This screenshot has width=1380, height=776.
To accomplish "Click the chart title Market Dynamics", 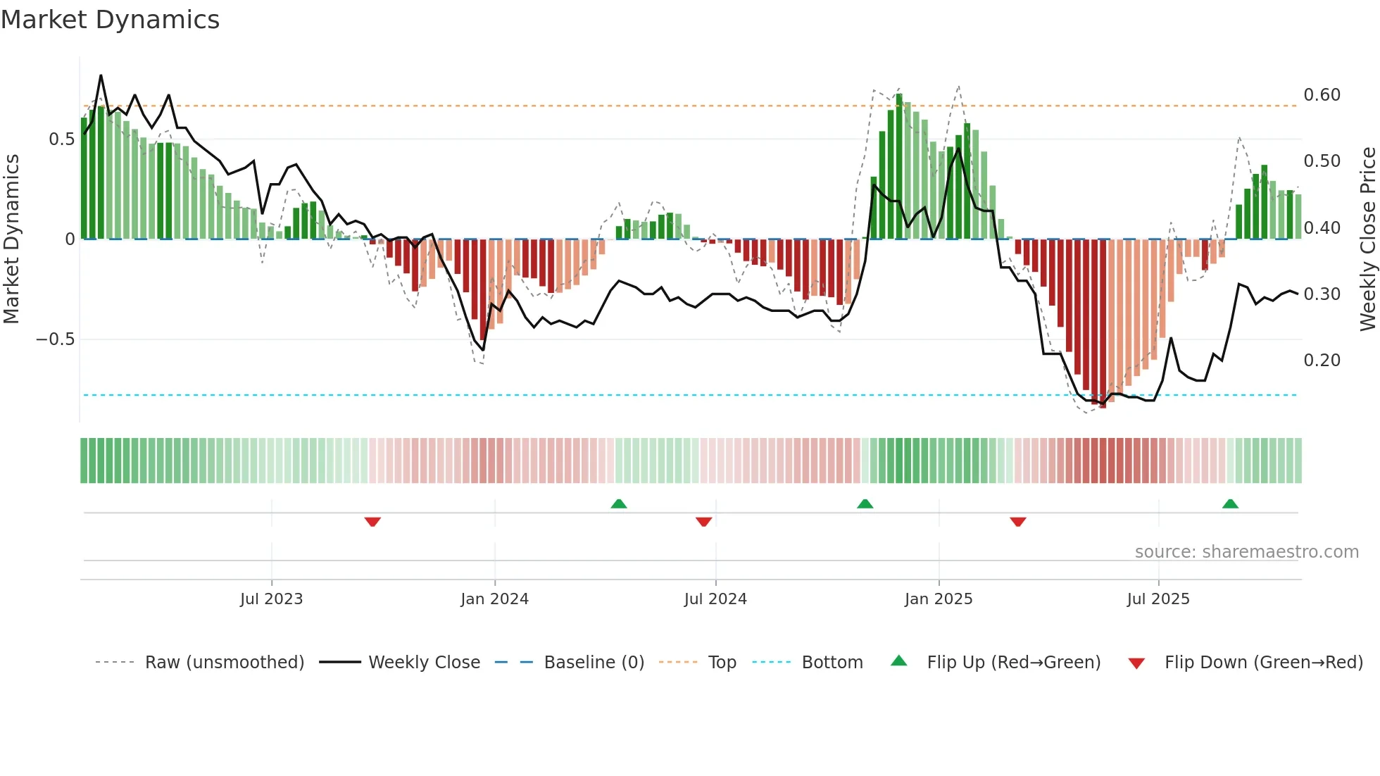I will click(x=111, y=20).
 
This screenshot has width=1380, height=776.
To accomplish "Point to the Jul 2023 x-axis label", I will click(x=271, y=599).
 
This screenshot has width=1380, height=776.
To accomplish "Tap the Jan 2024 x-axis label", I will click(x=494, y=599).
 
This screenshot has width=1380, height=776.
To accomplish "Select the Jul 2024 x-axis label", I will click(x=715, y=599).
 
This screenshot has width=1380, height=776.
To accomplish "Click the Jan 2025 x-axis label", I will click(x=939, y=599).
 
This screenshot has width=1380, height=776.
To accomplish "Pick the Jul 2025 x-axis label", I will click(x=1158, y=599).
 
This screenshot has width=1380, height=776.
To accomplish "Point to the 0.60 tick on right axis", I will click(x=1322, y=95).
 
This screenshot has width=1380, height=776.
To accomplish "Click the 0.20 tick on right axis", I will click(x=1322, y=361).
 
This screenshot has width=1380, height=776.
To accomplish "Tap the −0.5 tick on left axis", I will click(x=56, y=339).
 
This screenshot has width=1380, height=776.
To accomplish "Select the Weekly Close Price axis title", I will click(x=1367, y=239).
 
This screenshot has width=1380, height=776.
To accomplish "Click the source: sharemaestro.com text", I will click(x=1246, y=552).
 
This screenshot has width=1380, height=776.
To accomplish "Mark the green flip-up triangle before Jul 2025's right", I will click(x=1230, y=504).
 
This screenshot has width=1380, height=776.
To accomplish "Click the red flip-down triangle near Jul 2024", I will click(x=703, y=522).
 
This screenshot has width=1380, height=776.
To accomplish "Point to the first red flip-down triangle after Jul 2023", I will click(x=372, y=522).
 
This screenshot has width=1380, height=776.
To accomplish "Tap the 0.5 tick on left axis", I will click(x=61, y=139).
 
